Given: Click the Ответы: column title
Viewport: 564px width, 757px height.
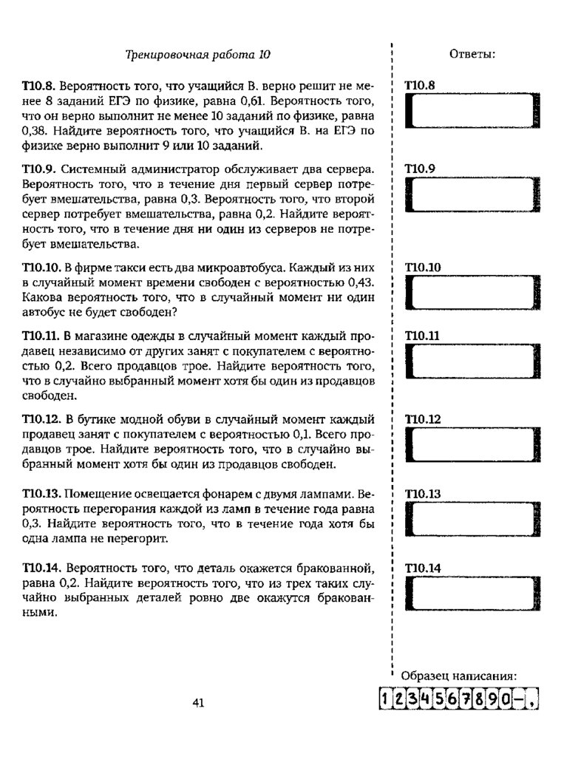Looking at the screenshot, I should point(472,54).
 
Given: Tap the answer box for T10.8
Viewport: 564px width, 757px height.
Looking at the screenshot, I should point(471,113).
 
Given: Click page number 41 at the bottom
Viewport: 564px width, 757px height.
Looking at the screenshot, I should point(197,703).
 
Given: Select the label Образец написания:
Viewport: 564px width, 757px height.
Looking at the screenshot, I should point(458,676).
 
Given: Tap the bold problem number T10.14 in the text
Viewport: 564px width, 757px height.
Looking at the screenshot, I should point(41,568).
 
